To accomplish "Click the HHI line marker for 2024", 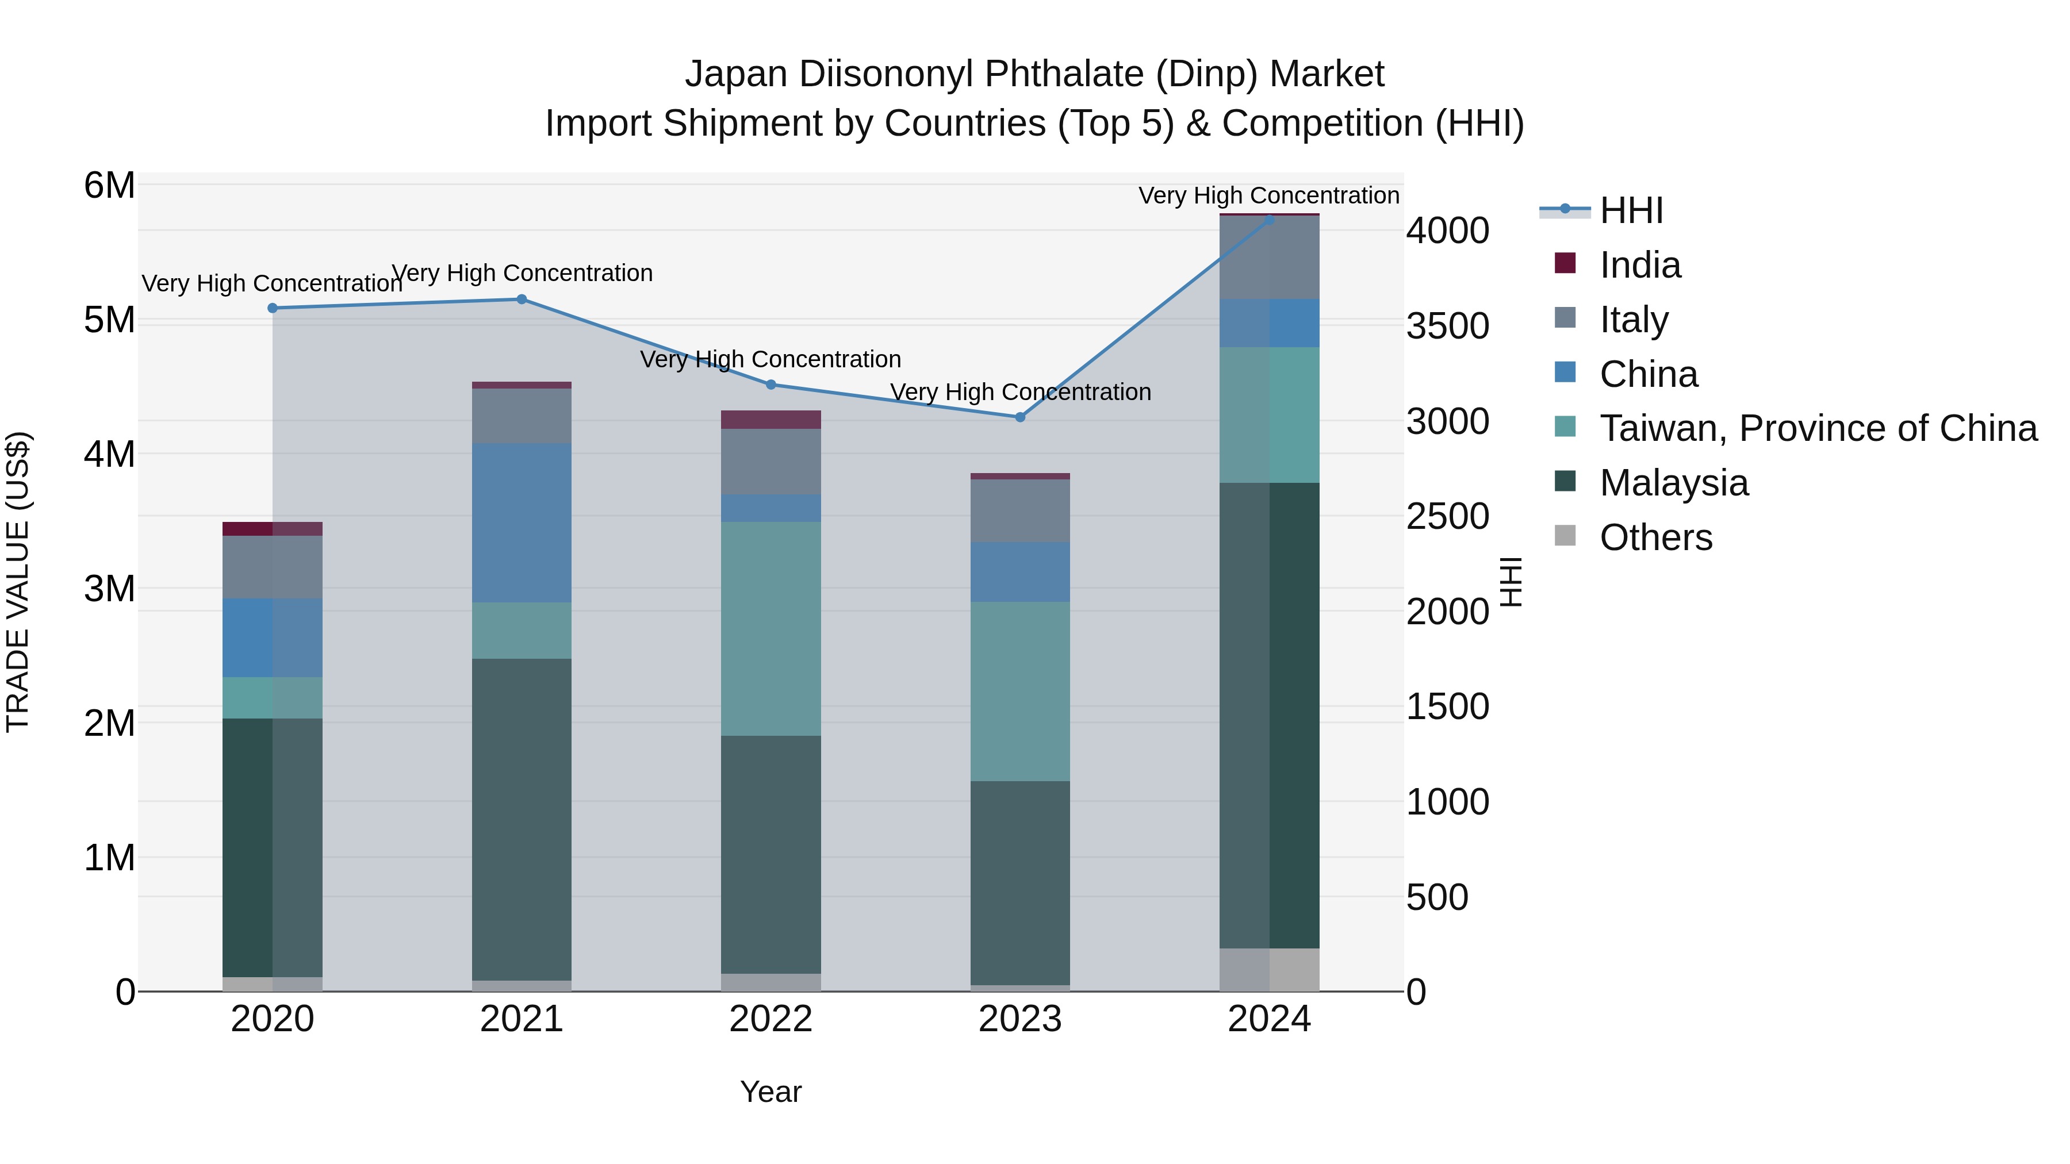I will [x=1269, y=220].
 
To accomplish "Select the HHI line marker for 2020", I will [x=273, y=308].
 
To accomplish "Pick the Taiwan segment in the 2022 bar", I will [x=770, y=628].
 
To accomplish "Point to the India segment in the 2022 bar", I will [x=770, y=420].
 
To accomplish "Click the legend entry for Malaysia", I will [x=1673, y=483].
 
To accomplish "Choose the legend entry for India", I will [x=1639, y=265].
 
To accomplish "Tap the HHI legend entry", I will [x=1631, y=210].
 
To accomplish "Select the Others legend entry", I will [x=1655, y=537].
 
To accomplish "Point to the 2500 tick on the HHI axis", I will [x=1447, y=517].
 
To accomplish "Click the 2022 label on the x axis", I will [x=770, y=1019].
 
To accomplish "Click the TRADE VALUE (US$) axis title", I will [x=18, y=582].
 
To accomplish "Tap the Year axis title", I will [x=770, y=1092].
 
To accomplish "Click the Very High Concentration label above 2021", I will [x=522, y=273].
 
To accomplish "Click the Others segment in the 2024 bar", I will [x=1269, y=970].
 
